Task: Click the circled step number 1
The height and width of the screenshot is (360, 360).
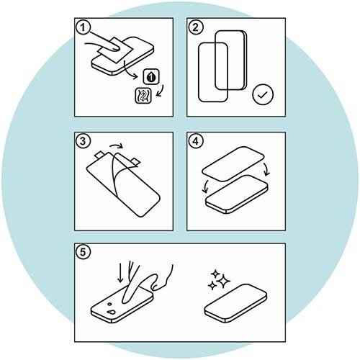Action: click(83, 27)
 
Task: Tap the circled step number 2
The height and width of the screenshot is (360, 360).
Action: click(196, 27)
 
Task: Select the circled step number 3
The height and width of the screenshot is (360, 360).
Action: click(83, 141)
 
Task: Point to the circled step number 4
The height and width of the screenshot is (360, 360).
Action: click(196, 141)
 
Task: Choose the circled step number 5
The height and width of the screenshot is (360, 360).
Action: click(83, 252)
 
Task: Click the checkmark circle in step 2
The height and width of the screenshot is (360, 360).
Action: click(263, 95)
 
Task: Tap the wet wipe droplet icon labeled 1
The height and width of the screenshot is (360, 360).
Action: click(151, 76)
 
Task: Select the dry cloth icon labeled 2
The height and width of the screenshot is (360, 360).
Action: click(143, 96)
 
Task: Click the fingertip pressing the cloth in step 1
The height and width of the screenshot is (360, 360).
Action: click(115, 48)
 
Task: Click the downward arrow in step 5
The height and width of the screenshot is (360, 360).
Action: click(120, 271)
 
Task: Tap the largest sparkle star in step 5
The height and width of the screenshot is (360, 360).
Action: click(224, 281)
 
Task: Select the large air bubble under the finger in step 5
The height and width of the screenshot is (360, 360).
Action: click(112, 312)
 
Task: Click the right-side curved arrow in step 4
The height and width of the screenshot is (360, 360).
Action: click(267, 170)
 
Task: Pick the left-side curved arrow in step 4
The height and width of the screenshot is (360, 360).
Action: click(205, 186)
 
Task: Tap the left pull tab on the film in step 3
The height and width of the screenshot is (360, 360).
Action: click(100, 155)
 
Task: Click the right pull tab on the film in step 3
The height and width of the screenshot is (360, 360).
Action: click(135, 161)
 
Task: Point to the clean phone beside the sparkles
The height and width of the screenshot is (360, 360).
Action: click(235, 304)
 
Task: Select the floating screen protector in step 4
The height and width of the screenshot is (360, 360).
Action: click(233, 164)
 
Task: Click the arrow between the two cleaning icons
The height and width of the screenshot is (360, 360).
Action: click(161, 91)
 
